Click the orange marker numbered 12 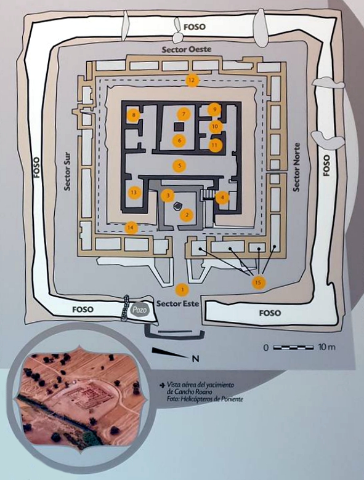point(192,81)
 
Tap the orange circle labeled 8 point(134,115)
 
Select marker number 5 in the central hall point(180,166)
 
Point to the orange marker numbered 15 point(258,282)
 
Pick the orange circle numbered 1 point(182,289)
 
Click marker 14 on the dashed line point(131,228)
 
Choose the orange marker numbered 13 point(134,193)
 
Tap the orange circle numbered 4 point(222,198)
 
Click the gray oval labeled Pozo point(140,310)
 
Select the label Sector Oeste point(187,49)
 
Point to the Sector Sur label point(67,172)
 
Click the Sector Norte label point(296,167)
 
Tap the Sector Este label point(178,303)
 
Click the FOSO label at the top point(195,27)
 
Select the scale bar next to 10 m point(293,348)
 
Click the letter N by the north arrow point(195,358)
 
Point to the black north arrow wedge point(171,353)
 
